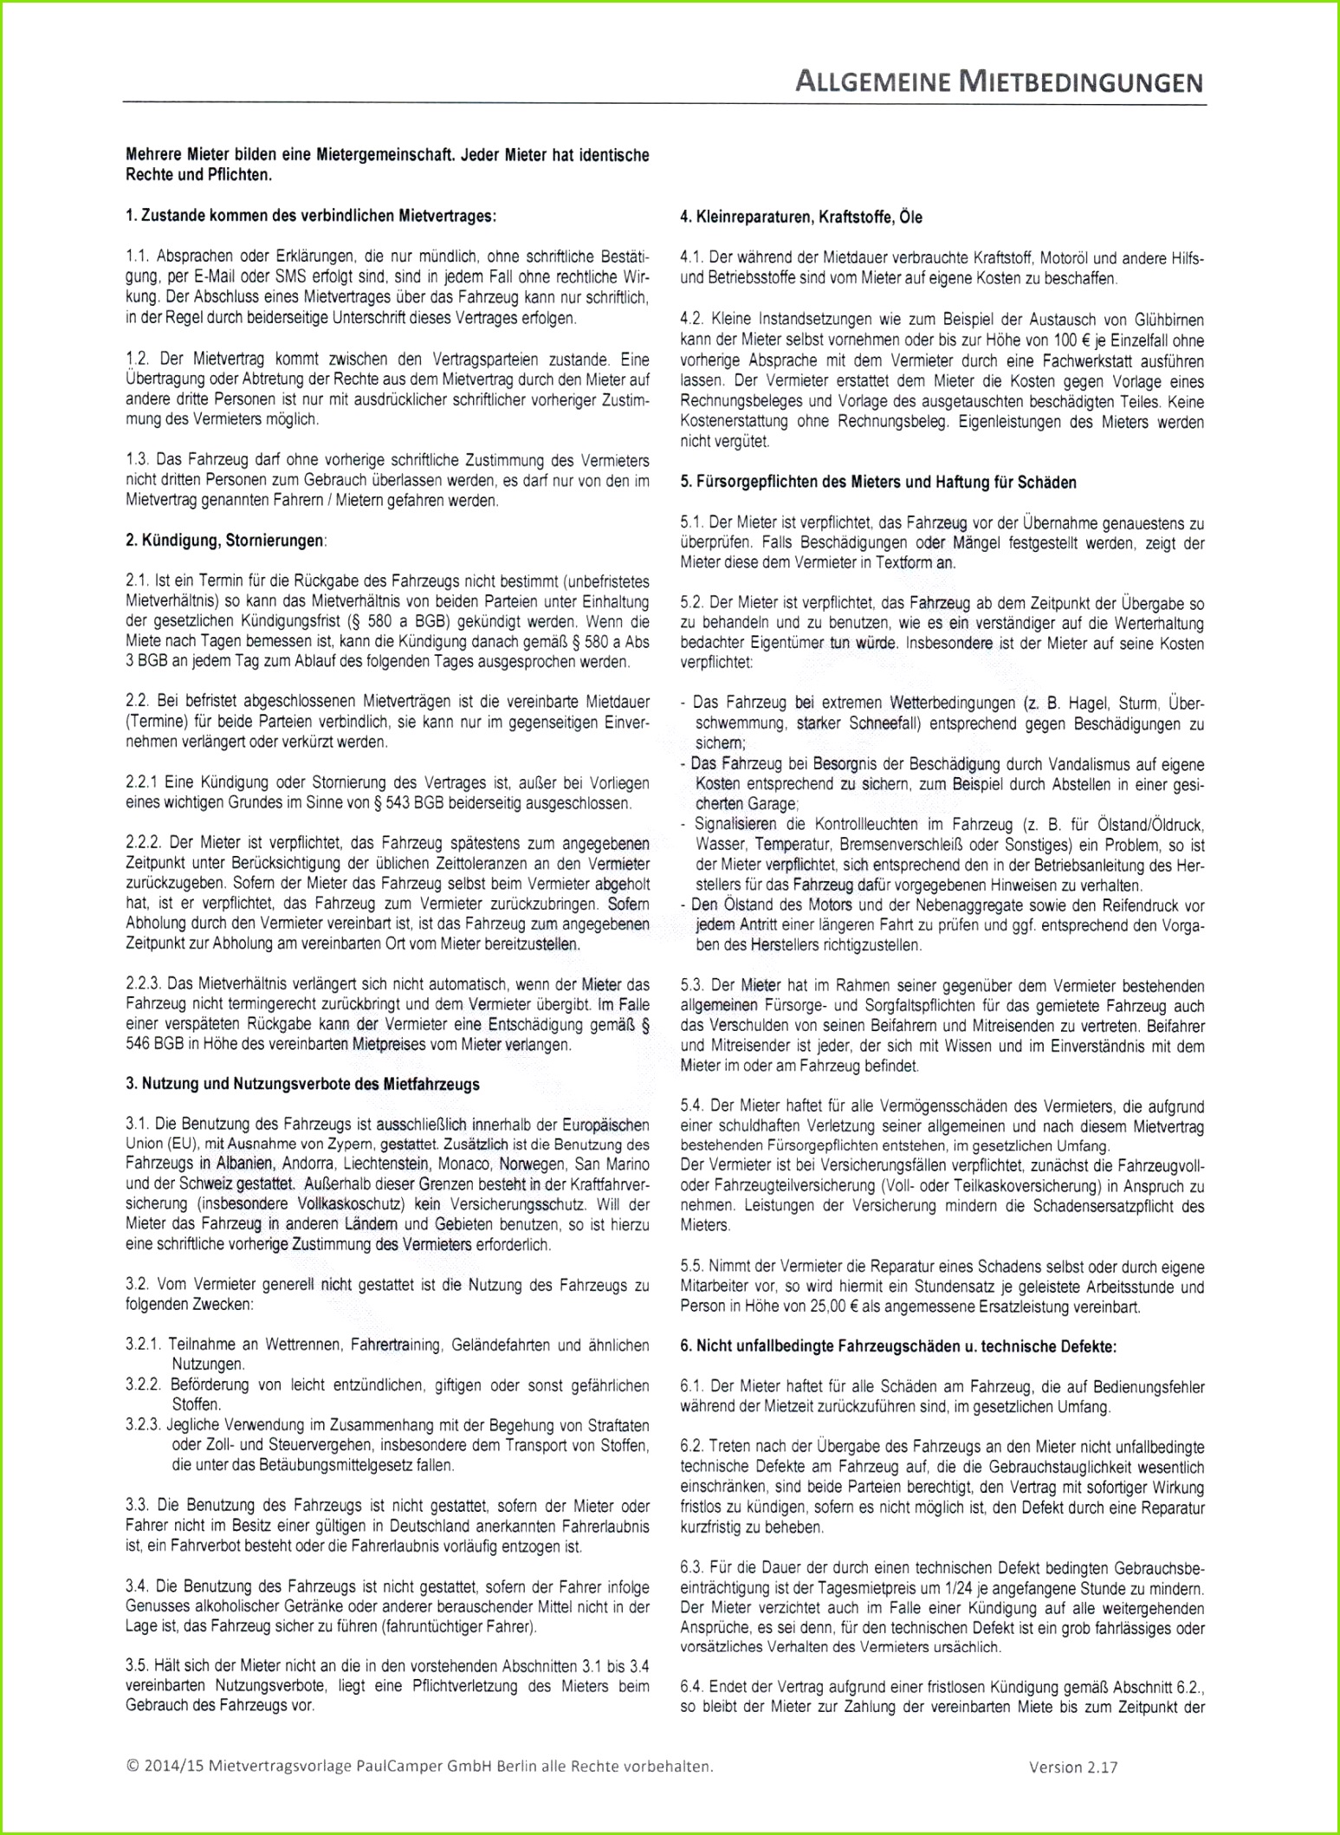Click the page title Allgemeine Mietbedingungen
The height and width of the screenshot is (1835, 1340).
[999, 82]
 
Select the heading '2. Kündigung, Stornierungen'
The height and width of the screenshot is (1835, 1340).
[226, 541]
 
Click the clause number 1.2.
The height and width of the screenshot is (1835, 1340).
[136, 359]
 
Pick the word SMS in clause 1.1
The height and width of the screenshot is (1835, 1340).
[290, 277]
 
